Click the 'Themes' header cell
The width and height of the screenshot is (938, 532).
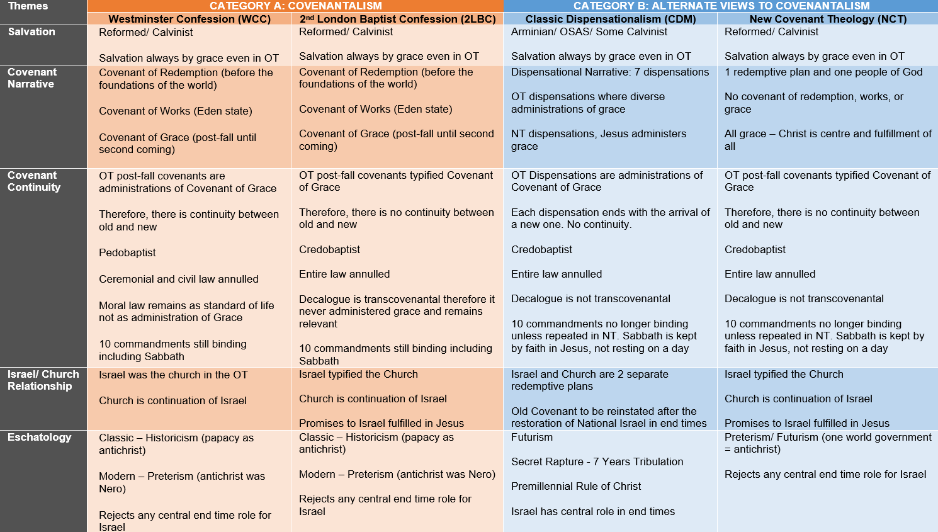(28, 6)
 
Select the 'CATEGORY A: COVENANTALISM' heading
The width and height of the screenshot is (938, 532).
(295, 6)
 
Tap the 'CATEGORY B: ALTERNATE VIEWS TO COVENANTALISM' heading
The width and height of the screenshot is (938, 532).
(721, 6)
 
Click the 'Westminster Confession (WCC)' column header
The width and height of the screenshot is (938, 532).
(189, 19)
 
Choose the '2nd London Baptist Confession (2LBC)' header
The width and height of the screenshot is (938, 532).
(397, 19)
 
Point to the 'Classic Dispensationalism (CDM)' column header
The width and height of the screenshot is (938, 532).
(611, 19)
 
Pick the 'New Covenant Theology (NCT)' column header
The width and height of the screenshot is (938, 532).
(828, 19)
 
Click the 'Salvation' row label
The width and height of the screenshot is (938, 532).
(31, 32)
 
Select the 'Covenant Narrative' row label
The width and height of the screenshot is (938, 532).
(32, 78)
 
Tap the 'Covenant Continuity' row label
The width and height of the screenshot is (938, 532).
(34, 181)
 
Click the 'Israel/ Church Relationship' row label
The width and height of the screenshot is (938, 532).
(43, 380)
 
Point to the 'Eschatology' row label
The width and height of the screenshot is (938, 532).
(40, 438)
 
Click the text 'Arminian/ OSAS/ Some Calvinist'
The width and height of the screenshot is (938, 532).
(589, 31)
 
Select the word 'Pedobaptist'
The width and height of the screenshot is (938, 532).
(127, 253)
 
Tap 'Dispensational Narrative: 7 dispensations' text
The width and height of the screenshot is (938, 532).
(610, 72)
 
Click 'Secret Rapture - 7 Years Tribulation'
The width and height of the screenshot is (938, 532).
(597, 462)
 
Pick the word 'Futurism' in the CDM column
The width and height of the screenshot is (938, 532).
(532, 438)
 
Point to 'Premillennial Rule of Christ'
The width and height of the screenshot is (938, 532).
(576, 487)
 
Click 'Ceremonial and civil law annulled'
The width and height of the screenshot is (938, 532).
(179, 280)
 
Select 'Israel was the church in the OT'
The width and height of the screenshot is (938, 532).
(173, 375)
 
